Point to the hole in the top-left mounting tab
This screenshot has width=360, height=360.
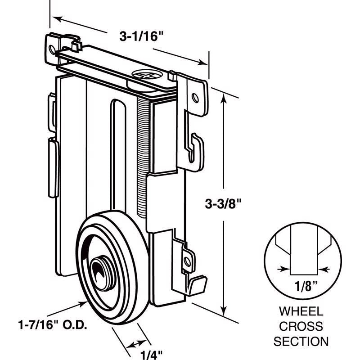click(53, 46)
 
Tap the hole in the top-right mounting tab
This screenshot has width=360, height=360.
click(194, 96)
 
